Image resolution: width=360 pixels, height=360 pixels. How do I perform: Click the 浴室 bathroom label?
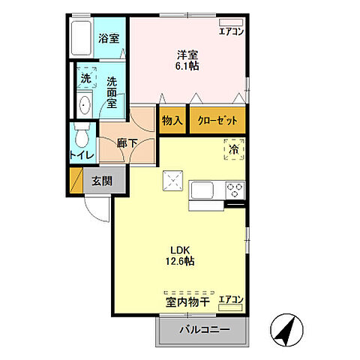pyautogui.click(x=109, y=38)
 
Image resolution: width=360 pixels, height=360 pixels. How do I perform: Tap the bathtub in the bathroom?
pyautogui.click(x=81, y=39)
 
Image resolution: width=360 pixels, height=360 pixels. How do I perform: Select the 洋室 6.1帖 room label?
pyautogui.click(x=187, y=60)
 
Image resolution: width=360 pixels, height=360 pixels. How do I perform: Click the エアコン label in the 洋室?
pyautogui.click(x=230, y=31)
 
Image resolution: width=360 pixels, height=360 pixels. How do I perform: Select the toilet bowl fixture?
pyautogui.click(x=82, y=137)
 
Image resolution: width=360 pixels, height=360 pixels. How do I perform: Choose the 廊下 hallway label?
pyautogui.click(x=127, y=141)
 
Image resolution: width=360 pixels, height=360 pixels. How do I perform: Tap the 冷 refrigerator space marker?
pyautogui.click(x=235, y=150)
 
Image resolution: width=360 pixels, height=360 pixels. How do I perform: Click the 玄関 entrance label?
pyautogui.click(x=102, y=180)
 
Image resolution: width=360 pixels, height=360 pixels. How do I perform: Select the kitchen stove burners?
pyautogui.click(x=235, y=189)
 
